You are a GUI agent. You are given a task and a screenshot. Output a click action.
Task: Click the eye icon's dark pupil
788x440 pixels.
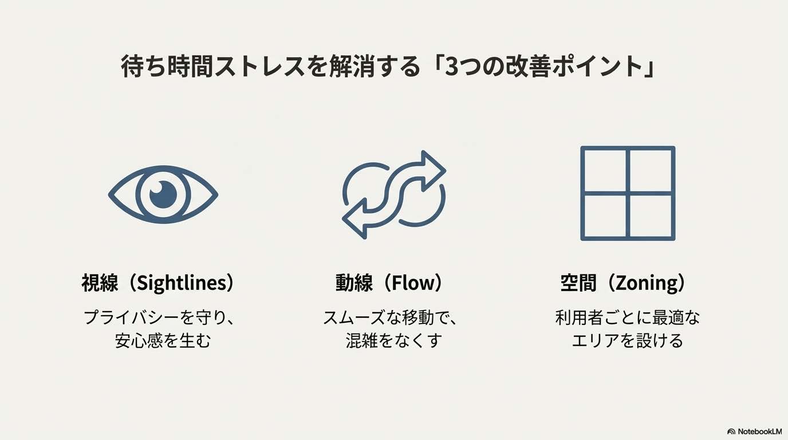tap(163, 195)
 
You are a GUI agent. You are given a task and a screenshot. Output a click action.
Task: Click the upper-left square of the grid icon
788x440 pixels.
tap(604, 170)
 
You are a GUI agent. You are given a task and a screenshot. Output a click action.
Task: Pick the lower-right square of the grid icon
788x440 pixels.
tap(651, 217)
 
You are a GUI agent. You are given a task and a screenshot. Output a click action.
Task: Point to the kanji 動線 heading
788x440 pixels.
tap(354, 283)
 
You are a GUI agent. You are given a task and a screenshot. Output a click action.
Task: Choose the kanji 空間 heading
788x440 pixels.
tap(578, 283)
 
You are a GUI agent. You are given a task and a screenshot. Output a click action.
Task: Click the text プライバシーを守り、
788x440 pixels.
tap(160, 317)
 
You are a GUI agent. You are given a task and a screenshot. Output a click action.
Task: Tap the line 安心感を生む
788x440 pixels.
tap(163, 341)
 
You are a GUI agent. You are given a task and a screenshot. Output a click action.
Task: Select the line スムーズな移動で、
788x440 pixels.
tap(393, 317)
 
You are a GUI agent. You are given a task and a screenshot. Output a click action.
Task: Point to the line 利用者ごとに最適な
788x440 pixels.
tap(627, 317)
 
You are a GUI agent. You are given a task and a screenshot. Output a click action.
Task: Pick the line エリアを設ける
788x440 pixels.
tap(627, 341)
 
